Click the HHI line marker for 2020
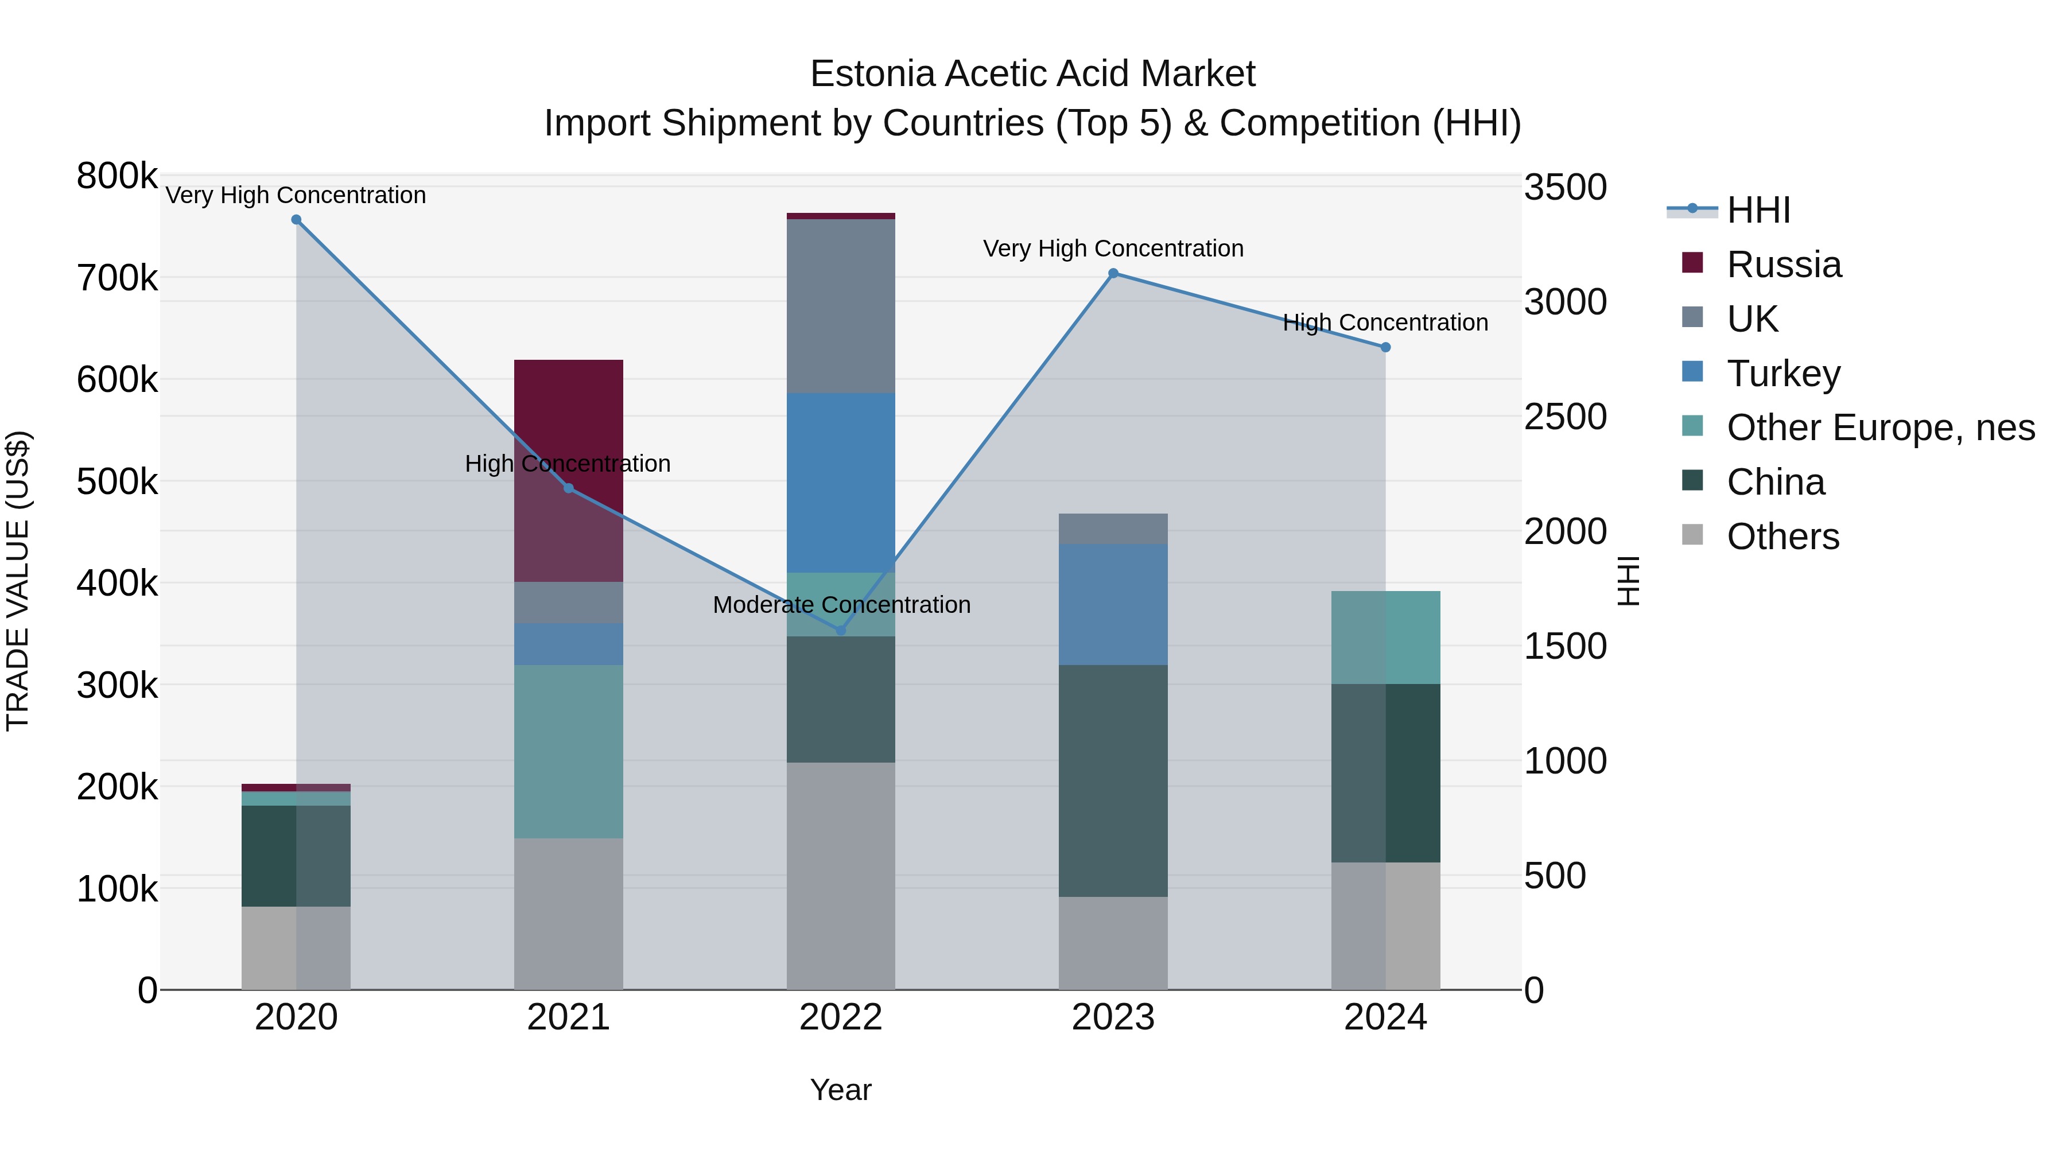(296, 220)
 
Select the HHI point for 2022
(841, 630)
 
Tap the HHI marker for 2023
(1113, 274)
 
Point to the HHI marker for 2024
(1385, 347)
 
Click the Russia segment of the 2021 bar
(569, 417)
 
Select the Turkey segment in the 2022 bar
(841, 482)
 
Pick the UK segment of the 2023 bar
(1113, 528)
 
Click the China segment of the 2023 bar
(1113, 780)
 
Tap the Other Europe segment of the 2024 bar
(1385, 638)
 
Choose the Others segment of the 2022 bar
(841, 876)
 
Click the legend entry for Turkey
(1783, 374)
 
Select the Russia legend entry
(1784, 265)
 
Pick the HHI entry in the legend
(1758, 210)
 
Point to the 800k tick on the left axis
(117, 176)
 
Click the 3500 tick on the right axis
(1565, 188)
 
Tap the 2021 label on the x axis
(569, 1017)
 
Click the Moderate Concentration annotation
(841, 605)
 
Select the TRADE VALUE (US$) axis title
(18, 581)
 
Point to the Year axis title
(841, 1090)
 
